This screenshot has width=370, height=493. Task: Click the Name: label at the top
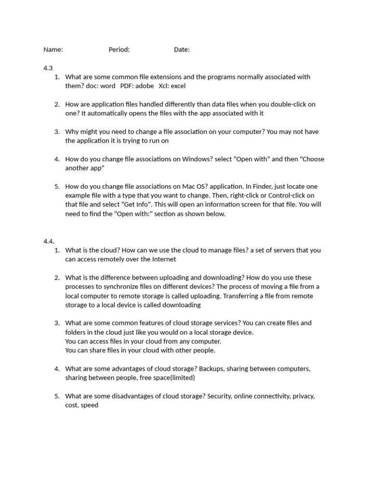pos(53,50)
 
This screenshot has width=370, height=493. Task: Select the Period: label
pos(119,50)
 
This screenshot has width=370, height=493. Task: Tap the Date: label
pos(182,50)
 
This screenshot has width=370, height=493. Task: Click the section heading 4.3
pos(48,68)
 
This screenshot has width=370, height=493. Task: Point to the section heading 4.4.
pos(49,241)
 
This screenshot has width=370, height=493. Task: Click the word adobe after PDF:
pos(144,86)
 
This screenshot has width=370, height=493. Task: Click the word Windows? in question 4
pos(201,159)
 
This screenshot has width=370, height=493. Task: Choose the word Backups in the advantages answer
pos(211,369)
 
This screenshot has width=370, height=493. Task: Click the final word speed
pos(90,405)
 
